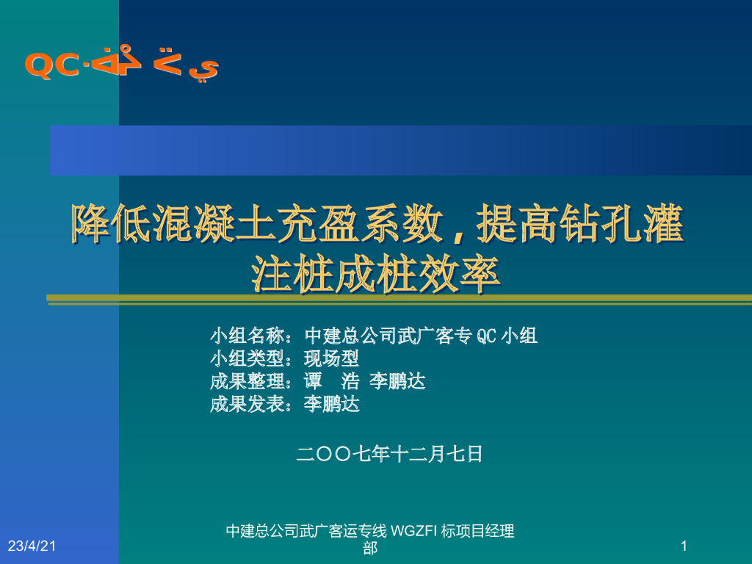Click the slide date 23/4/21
32,546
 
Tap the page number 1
684,546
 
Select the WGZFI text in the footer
413,531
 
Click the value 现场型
332,359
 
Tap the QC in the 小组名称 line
487,336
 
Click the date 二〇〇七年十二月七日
389,454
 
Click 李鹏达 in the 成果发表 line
332,404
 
